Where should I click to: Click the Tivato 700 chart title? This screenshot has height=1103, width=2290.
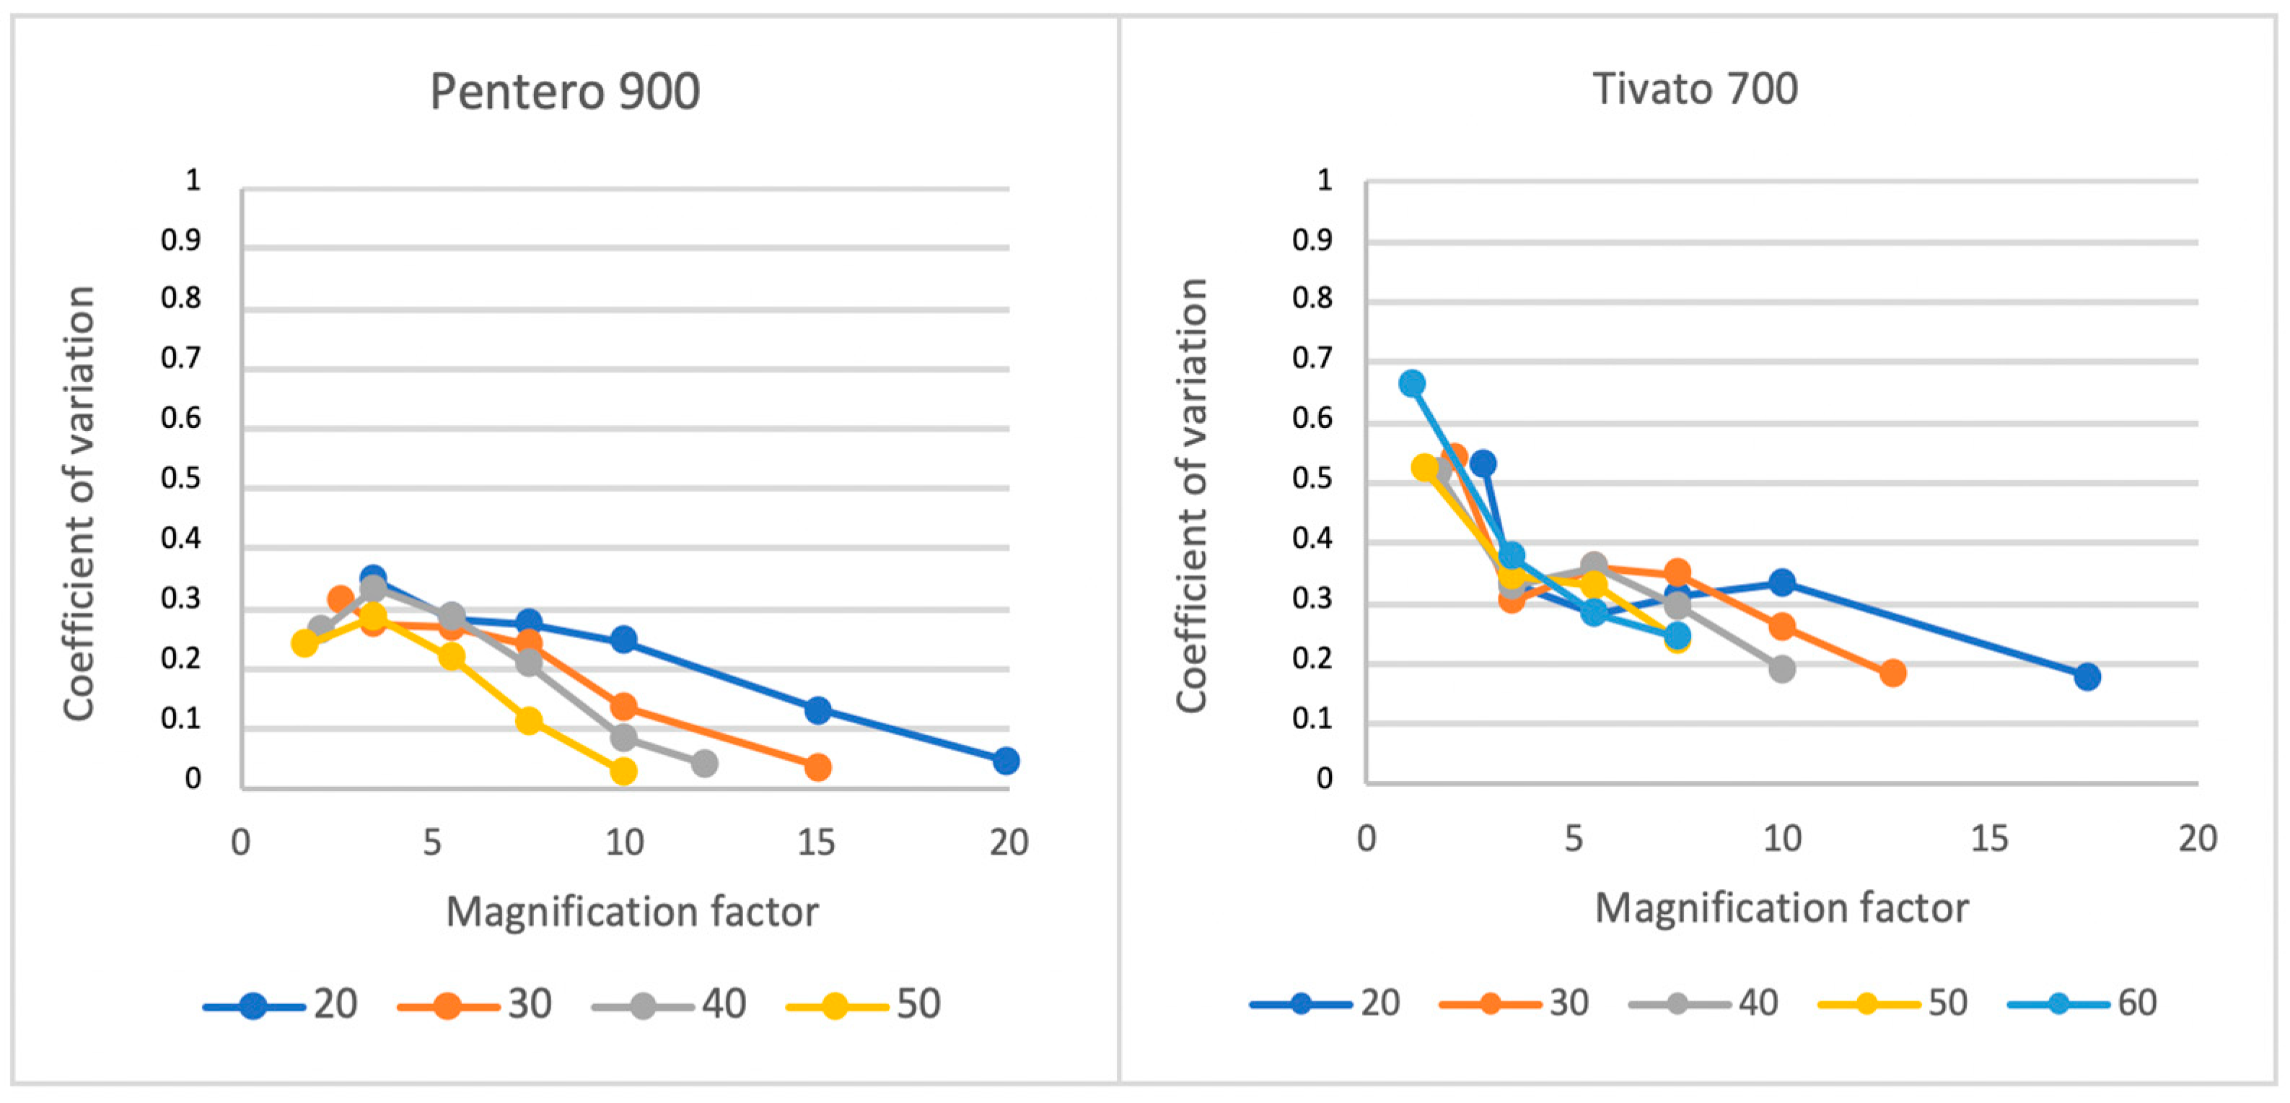(x=1694, y=89)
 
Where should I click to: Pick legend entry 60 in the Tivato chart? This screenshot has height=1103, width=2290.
(x=2136, y=1003)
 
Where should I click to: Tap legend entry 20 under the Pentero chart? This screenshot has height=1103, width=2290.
(x=334, y=1004)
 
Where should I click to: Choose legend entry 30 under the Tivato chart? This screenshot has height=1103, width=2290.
(x=1569, y=1003)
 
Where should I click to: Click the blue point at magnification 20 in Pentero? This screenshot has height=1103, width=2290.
(x=1006, y=761)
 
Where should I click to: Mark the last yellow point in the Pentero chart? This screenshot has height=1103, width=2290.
(x=624, y=771)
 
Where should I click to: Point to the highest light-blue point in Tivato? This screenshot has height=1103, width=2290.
(x=1412, y=384)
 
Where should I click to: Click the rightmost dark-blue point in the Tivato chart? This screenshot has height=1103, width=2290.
(x=2087, y=677)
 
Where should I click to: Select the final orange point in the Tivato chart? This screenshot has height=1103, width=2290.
(x=1892, y=673)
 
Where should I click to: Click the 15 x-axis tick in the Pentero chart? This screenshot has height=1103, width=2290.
(x=816, y=842)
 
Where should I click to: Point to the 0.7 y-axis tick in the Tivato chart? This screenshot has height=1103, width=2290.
(x=1312, y=359)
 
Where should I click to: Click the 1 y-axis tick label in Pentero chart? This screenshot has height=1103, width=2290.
(x=193, y=180)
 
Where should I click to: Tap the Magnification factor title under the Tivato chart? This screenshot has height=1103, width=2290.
(x=1781, y=909)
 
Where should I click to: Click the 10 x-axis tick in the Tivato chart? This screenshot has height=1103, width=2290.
(x=1781, y=839)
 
